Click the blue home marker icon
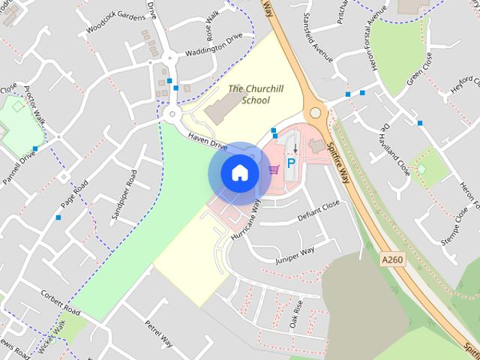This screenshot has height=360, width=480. click(238, 172)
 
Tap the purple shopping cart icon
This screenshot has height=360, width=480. click(274, 169)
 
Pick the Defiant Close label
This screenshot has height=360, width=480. click(319, 211)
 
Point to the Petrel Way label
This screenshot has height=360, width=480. click(158, 332)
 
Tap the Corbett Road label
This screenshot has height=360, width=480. click(61, 301)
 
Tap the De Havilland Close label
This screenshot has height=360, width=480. click(394, 148)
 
